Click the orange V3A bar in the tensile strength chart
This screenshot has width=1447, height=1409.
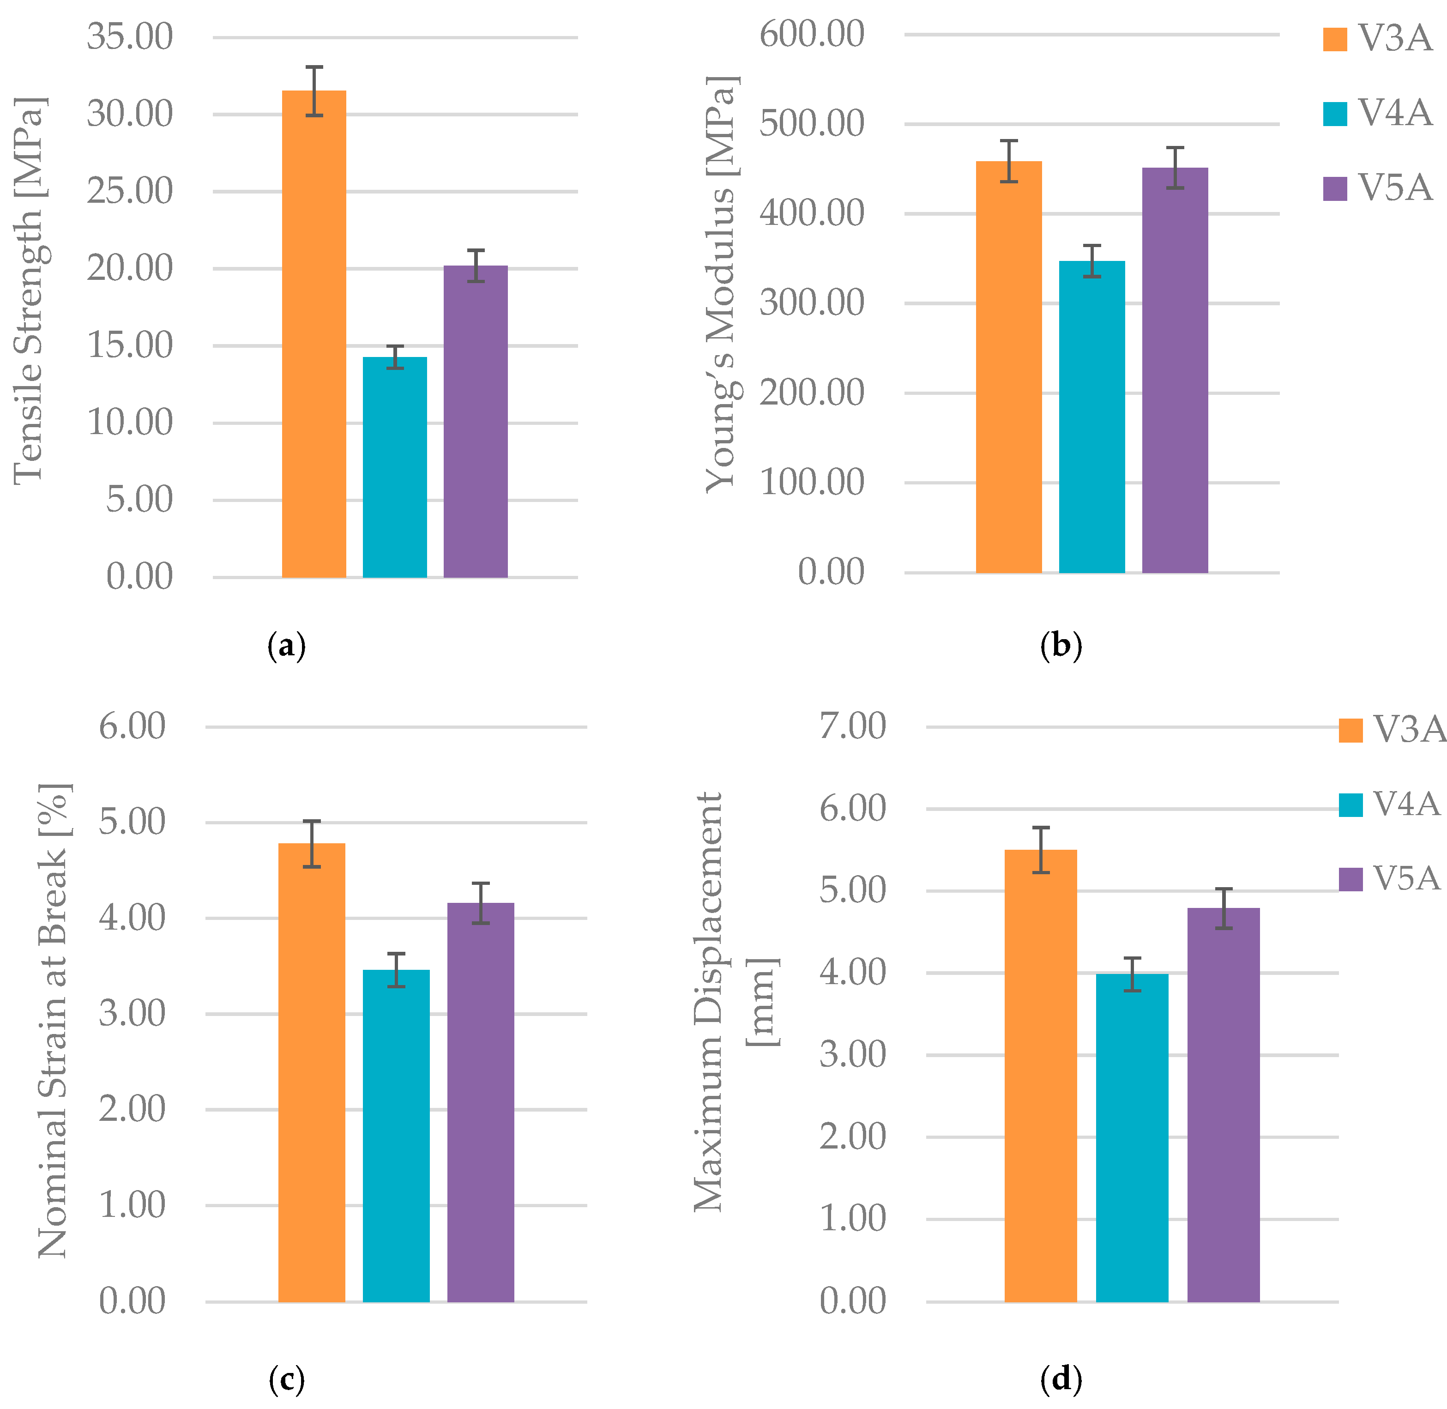coord(314,333)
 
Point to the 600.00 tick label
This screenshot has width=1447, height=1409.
coord(812,34)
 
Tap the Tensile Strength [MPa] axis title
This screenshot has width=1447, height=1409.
coord(30,290)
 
